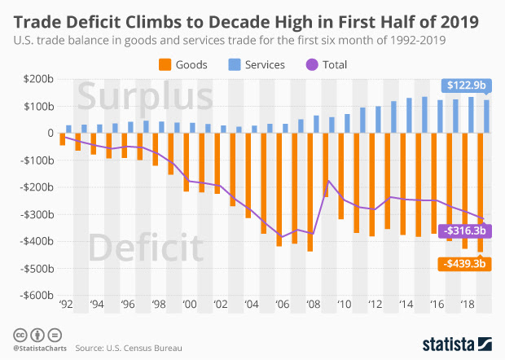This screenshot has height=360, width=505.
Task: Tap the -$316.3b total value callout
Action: click(x=463, y=230)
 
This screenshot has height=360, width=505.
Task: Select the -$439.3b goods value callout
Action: click(x=463, y=264)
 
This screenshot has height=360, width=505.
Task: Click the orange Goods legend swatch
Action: click(x=164, y=64)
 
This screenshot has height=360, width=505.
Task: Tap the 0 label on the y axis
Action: click(x=50, y=133)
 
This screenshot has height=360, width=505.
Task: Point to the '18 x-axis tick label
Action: click(x=466, y=305)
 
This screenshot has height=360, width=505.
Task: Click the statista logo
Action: click(x=456, y=344)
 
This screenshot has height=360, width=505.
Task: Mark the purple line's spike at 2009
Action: click(x=327, y=181)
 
